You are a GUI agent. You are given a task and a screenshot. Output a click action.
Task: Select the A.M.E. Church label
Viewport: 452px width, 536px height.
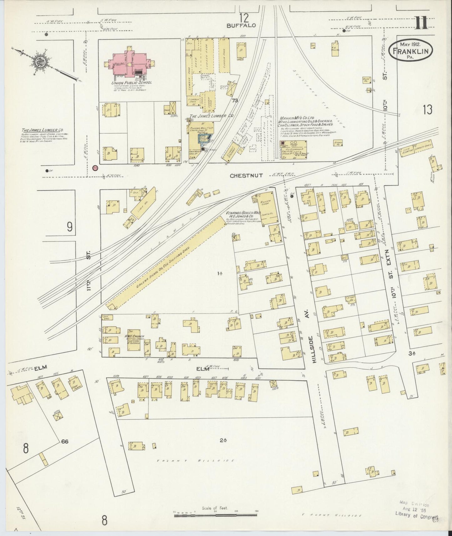(124, 332)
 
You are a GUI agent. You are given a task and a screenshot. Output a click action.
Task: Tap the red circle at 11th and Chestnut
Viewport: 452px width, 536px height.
(95, 168)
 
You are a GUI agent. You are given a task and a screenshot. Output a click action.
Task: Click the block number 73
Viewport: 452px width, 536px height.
(235, 101)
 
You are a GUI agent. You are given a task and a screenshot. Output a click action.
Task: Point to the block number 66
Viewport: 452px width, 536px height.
(64, 442)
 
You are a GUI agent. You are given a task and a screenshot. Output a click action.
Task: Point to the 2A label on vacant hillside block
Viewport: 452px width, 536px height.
(223, 440)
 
